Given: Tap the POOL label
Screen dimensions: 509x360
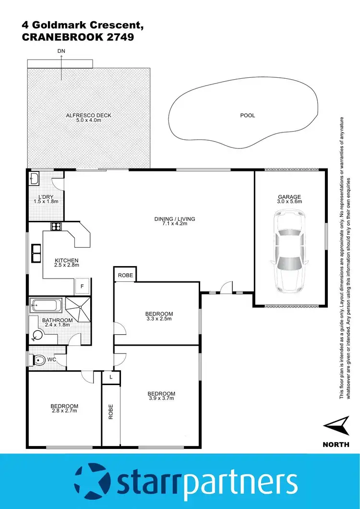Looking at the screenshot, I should coord(248,115).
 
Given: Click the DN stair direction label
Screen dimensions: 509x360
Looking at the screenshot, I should coord(61,50).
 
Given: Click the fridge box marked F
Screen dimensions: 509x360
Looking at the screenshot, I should coord(82,286).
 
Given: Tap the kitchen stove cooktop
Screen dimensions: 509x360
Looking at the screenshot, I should coord(56,227).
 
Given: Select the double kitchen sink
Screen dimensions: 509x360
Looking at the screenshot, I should coord(36,253).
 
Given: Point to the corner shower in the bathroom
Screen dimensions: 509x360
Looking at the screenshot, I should coord(77,308).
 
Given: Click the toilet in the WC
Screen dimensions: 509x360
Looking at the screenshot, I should coord(39,360).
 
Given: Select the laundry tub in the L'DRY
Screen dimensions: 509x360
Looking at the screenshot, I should coord(35,180).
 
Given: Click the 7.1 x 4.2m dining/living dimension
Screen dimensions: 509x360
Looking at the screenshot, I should coord(175,224).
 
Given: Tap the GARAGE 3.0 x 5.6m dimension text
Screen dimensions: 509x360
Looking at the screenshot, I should coord(289,202).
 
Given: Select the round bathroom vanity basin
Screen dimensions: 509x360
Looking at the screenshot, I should coord(38,336).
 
